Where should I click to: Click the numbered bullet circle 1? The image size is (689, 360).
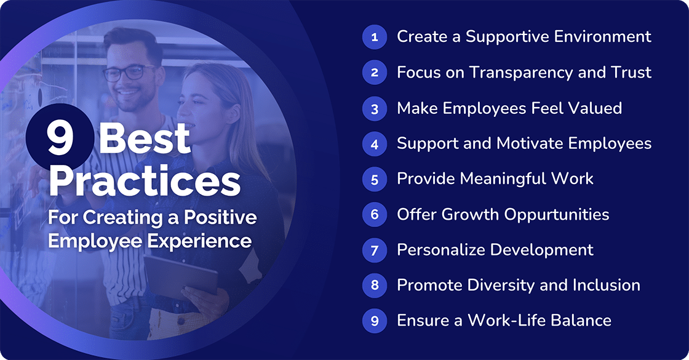tap(373, 37)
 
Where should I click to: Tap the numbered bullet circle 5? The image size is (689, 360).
tap(373, 179)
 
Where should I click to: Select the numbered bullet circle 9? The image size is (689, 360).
tap(373, 321)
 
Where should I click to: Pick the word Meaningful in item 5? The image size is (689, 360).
tap(493, 179)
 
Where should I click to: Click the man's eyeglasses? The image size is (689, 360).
tap(129, 73)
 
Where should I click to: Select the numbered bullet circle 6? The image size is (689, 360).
tap(373, 214)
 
